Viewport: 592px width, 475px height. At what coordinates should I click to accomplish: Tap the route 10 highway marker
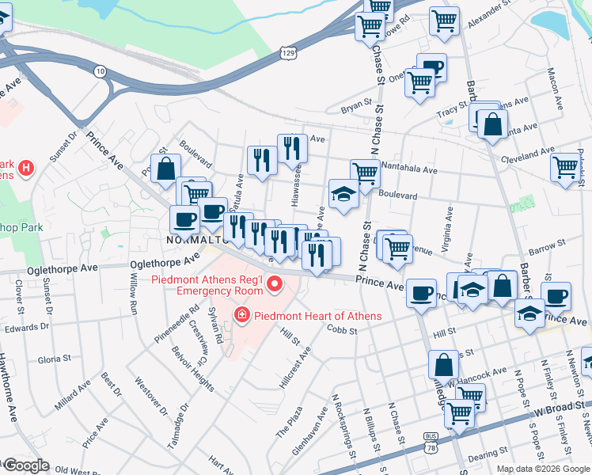pyautogui.click(x=100, y=71)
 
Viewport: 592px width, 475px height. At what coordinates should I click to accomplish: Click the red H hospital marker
pyautogui.click(x=26, y=168)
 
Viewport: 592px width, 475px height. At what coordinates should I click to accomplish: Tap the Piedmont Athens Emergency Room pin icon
pyautogui.click(x=275, y=283)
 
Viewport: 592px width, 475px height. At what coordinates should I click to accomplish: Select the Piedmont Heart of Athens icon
pyautogui.click(x=242, y=316)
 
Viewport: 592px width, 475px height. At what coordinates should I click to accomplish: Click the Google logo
pyautogui.click(x=25, y=465)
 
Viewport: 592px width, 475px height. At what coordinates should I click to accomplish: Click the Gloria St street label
pyautogui.click(x=54, y=359)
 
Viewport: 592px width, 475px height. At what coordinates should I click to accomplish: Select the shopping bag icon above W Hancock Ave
pyautogui.click(x=444, y=364)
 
